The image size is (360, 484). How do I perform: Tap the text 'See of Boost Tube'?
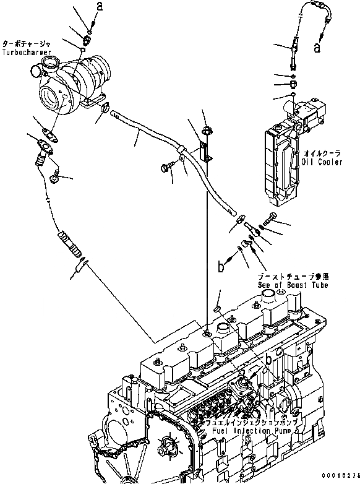point(293,285)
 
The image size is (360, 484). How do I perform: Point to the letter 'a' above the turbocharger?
point(99,7)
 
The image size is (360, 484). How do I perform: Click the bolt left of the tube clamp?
point(169,166)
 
